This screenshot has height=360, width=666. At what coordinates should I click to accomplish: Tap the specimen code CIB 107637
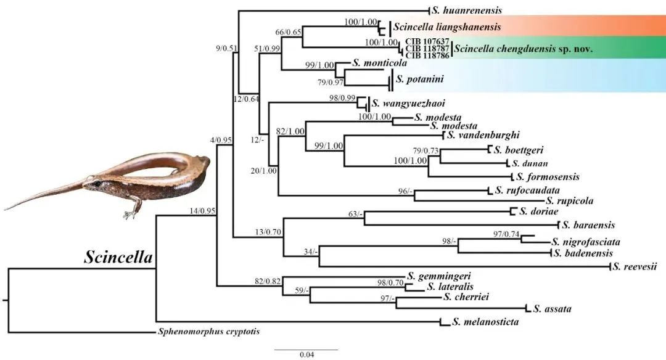click(426, 41)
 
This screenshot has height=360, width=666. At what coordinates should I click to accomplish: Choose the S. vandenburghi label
click(483, 134)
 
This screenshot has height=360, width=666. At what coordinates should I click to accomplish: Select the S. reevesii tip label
click(635, 266)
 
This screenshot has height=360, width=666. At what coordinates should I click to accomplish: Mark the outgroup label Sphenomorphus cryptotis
click(208, 332)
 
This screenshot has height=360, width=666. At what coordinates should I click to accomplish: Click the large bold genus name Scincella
click(118, 257)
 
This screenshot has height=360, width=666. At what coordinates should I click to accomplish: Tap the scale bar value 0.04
click(306, 354)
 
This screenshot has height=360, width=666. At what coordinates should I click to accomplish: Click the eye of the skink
click(96, 183)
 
